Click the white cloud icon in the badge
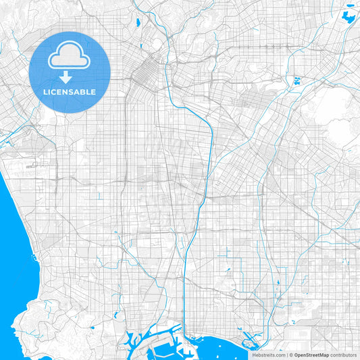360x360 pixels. tap(69, 57)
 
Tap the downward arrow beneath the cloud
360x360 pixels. tap(69, 76)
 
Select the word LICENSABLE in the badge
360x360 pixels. tap(70, 92)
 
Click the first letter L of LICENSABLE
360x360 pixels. tap(45, 92)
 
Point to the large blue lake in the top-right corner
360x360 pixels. tap(350, 18)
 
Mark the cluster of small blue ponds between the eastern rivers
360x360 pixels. tap(296, 82)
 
